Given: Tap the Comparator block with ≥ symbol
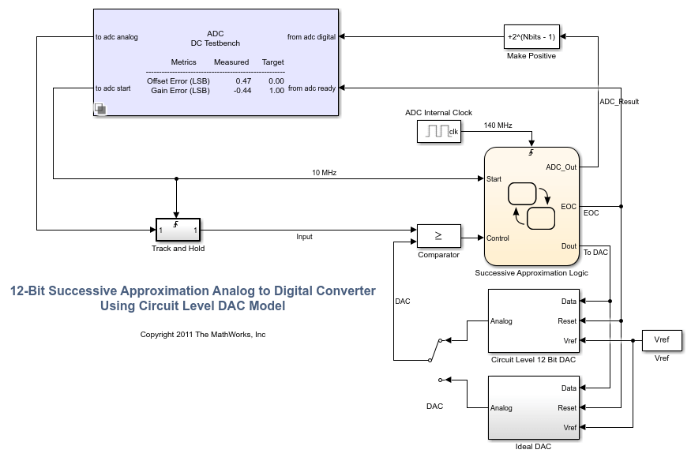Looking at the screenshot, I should click(439, 235).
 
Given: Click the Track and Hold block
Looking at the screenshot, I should click(178, 230).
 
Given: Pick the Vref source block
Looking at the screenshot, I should click(662, 340).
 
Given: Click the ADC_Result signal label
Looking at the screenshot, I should click(619, 102).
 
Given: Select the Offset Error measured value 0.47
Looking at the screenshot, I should click(243, 81).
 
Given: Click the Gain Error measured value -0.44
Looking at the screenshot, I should click(242, 91).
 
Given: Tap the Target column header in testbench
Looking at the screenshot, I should click(273, 62).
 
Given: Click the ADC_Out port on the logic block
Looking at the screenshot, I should click(561, 167).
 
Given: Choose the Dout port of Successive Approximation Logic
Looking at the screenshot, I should click(569, 246).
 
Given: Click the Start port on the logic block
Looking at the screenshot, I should click(494, 178).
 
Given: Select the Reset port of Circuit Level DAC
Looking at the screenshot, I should click(567, 321).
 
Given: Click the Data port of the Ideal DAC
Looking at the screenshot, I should click(569, 388).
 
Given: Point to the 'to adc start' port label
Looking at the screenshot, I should click(113, 88).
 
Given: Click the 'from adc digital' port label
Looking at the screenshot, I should click(311, 36).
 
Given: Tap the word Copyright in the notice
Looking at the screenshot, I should click(158, 335).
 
